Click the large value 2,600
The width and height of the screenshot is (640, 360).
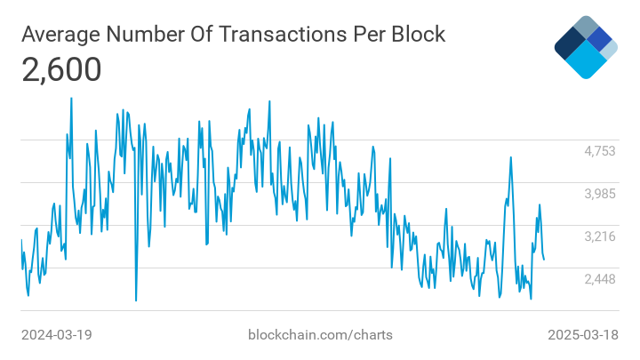pyautogui.click(x=61, y=69)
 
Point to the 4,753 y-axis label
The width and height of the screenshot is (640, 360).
pyautogui.click(x=599, y=151)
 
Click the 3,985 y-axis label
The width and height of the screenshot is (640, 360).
pyautogui.click(x=599, y=194)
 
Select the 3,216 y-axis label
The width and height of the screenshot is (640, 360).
pyautogui.click(x=599, y=236)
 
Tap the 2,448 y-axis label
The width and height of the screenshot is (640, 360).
pyautogui.click(x=599, y=279)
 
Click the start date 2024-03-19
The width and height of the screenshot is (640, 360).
pyautogui.click(x=57, y=335)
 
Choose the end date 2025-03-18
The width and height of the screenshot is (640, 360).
pyautogui.click(x=582, y=335)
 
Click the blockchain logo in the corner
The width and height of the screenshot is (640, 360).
pyautogui.click(x=585, y=46)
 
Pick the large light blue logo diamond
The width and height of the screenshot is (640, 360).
pyautogui.click(x=586, y=60)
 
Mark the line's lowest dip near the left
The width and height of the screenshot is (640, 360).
pyautogui.click(x=136, y=300)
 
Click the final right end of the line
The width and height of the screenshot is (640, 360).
pyautogui.click(x=544, y=259)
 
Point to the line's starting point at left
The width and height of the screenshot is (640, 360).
pyautogui.click(x=21, y=240)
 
